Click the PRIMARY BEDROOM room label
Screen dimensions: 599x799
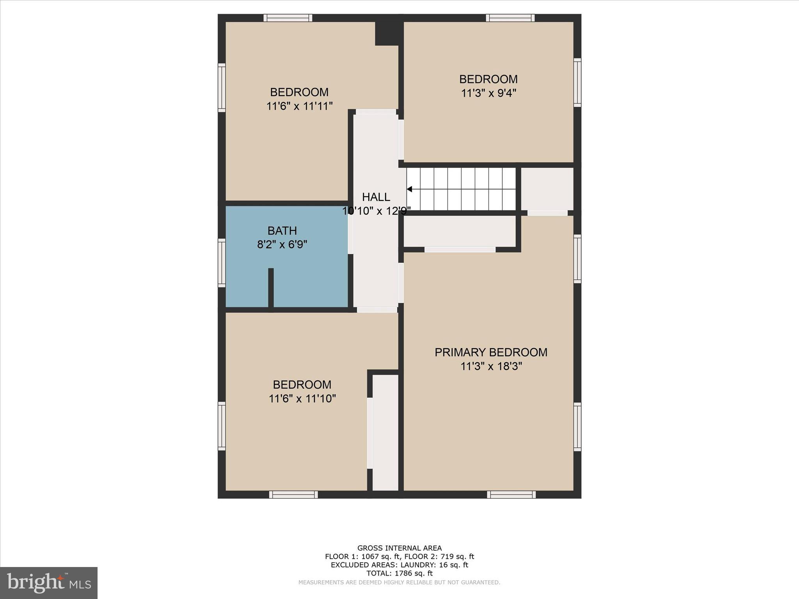coord(491,353)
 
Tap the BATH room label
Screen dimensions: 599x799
coord(282,231)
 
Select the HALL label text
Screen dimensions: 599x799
coord(376,197)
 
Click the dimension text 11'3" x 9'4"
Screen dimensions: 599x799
coord(488,93)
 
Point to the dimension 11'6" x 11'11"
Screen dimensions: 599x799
coord(299,106)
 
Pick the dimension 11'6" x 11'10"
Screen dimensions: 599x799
coord(302,399)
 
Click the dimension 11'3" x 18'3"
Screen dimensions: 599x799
coord(491,367)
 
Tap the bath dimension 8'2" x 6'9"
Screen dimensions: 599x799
coord(282,245)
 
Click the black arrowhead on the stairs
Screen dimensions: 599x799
coord(409,189)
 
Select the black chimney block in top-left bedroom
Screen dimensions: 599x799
coord(387,34)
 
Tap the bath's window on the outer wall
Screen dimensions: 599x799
coord(222,263)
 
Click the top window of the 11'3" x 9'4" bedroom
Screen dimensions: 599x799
coord(510,18)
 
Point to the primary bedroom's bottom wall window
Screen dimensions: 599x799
coord(511,494)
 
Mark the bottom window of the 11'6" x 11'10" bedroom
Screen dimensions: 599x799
coord(293,494)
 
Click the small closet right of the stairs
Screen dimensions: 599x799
coord(547,189)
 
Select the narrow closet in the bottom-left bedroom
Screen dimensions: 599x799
coord(385,432)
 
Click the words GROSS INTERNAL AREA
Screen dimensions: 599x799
coord(399,548)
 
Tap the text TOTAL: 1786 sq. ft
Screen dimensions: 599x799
coord(399,573)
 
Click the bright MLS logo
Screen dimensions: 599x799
coord(49,583)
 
